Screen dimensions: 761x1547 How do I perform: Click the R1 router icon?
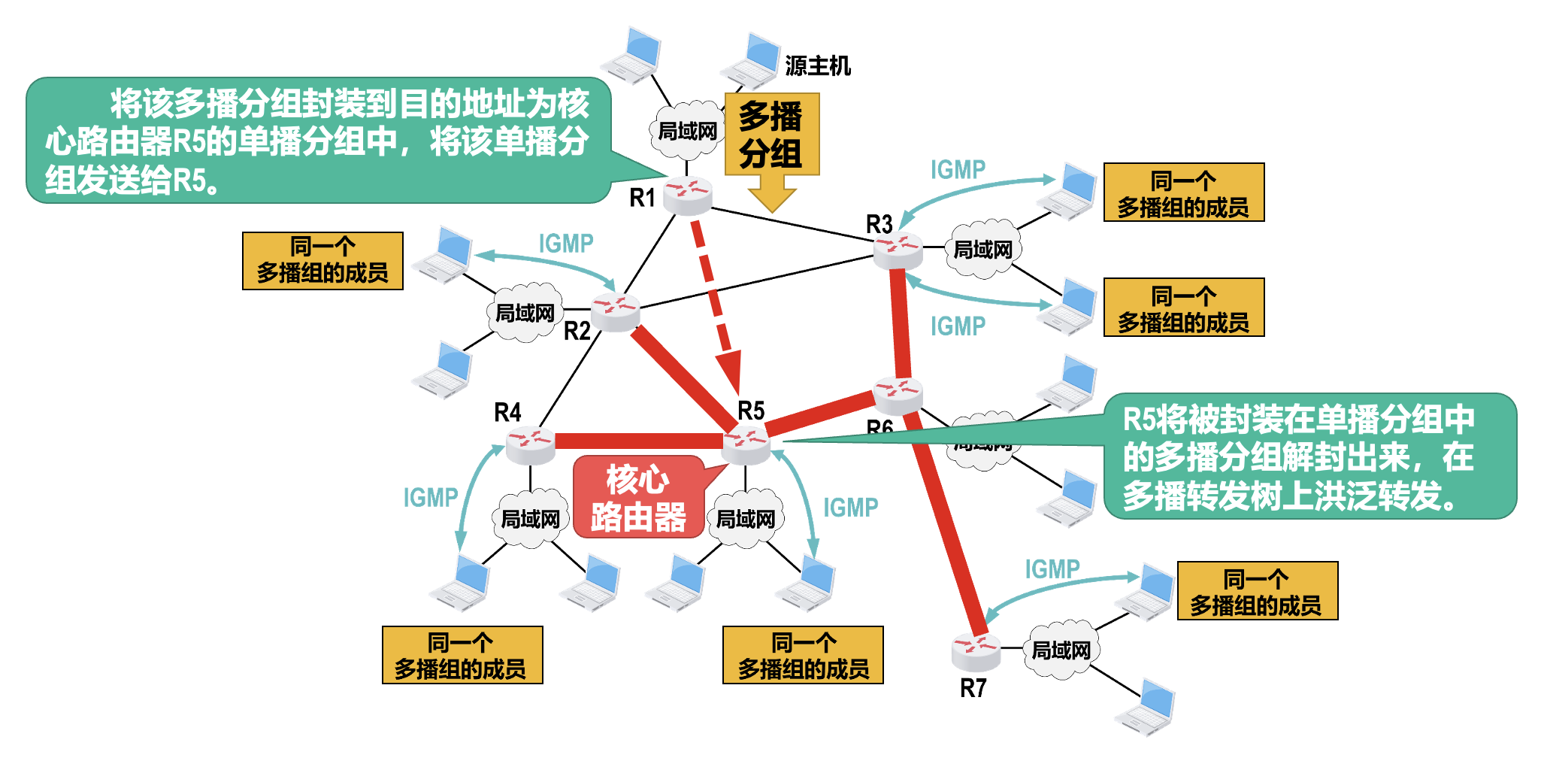[x=687, y=195]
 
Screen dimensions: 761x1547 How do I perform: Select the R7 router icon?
[x=976, y=651]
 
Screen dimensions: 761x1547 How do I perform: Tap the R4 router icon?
[x=530, y=444]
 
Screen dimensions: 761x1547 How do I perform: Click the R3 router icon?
[x=898, y=250]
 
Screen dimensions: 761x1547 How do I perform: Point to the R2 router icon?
[x=615, y=311]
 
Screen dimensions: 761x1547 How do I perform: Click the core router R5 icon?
[x=746, y=444]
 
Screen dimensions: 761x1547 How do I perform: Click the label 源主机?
[x=818, y=66]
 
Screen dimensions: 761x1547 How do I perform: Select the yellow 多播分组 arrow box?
[x=771, y=135]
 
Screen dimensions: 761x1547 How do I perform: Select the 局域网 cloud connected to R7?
[x=1061, y=650]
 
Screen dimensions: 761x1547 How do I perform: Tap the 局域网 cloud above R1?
[x=687, y=131]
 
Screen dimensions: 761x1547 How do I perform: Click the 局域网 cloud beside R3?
[x=982, y=249]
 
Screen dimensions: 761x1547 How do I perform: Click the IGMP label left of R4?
[x=430, y=498]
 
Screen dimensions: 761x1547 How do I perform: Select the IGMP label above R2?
[x=565, y=244]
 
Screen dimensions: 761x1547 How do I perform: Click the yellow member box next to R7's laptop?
[x=1257, y=591]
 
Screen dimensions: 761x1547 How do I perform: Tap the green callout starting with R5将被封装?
[x=1309, y=456]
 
